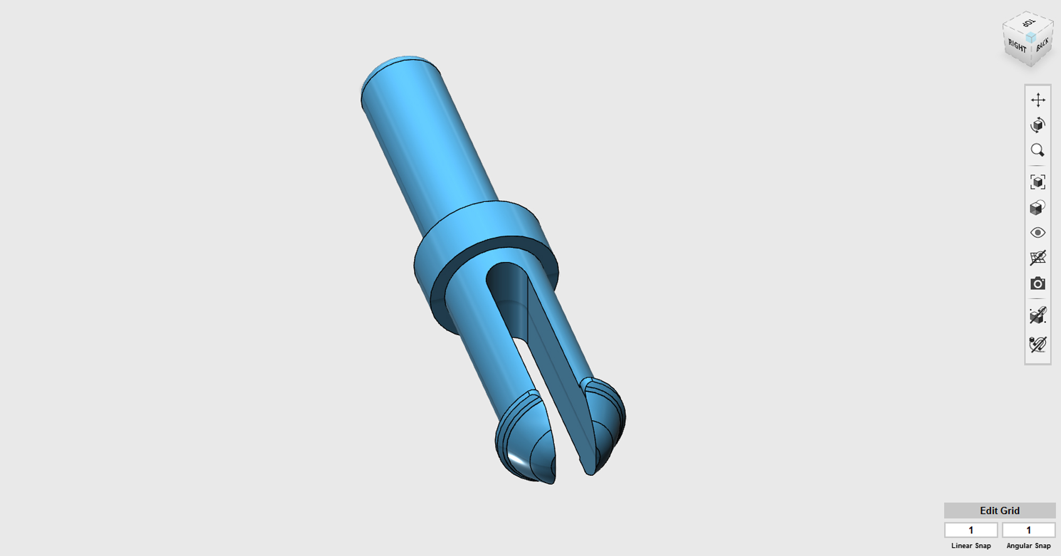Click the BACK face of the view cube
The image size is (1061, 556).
1042,45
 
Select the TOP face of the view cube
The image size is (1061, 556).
1028,24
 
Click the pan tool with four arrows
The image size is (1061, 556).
1038,100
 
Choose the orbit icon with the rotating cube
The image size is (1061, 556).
1038,125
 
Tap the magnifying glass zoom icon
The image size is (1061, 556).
1038,150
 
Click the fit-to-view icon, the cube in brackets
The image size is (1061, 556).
1038,182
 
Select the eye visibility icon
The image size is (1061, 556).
1038,233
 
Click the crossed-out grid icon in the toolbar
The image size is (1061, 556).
1038,258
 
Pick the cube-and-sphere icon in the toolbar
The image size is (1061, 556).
1038,208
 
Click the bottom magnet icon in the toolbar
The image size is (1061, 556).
1038,345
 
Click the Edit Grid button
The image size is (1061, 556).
999,510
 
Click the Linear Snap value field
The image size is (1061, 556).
971,530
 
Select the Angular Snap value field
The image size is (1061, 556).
1028,530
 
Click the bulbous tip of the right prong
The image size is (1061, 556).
607,420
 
